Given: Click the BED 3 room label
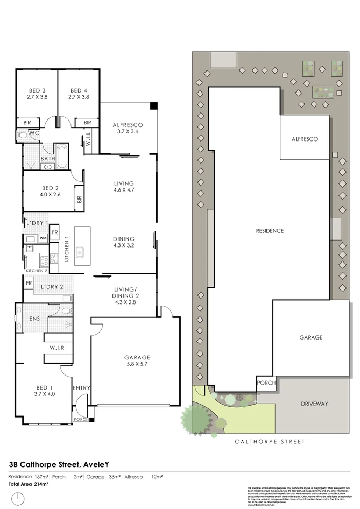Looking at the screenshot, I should [37, 90].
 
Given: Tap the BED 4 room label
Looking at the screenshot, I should [79, 90].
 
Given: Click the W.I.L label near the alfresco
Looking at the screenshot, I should [88, 142].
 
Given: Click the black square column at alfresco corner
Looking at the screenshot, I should [154, 105].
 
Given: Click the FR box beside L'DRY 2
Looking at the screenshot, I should [29, 283].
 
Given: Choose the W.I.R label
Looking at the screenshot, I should [58, 348].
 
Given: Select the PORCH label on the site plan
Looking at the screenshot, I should [266, 384].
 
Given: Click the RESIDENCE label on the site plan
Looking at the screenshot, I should [270, 231].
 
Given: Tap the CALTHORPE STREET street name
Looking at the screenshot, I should [270, 442].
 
